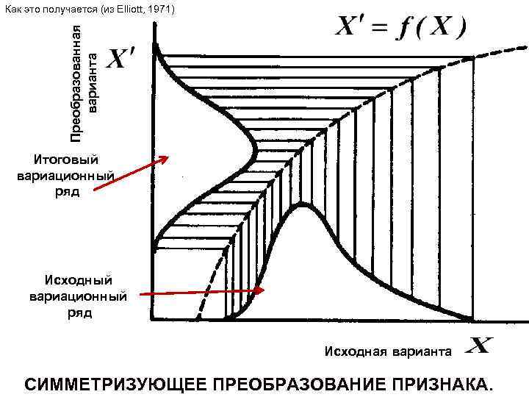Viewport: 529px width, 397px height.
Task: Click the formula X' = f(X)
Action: pyautogui.click(x=400, y=29)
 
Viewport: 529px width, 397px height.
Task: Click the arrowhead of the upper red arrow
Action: pyautogui.click(x=167, y=157)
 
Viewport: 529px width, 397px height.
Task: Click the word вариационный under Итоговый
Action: pyautogui.click(x=65, y=176)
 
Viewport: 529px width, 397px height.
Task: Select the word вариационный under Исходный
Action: pyautogui.click(x=77, y=297)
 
